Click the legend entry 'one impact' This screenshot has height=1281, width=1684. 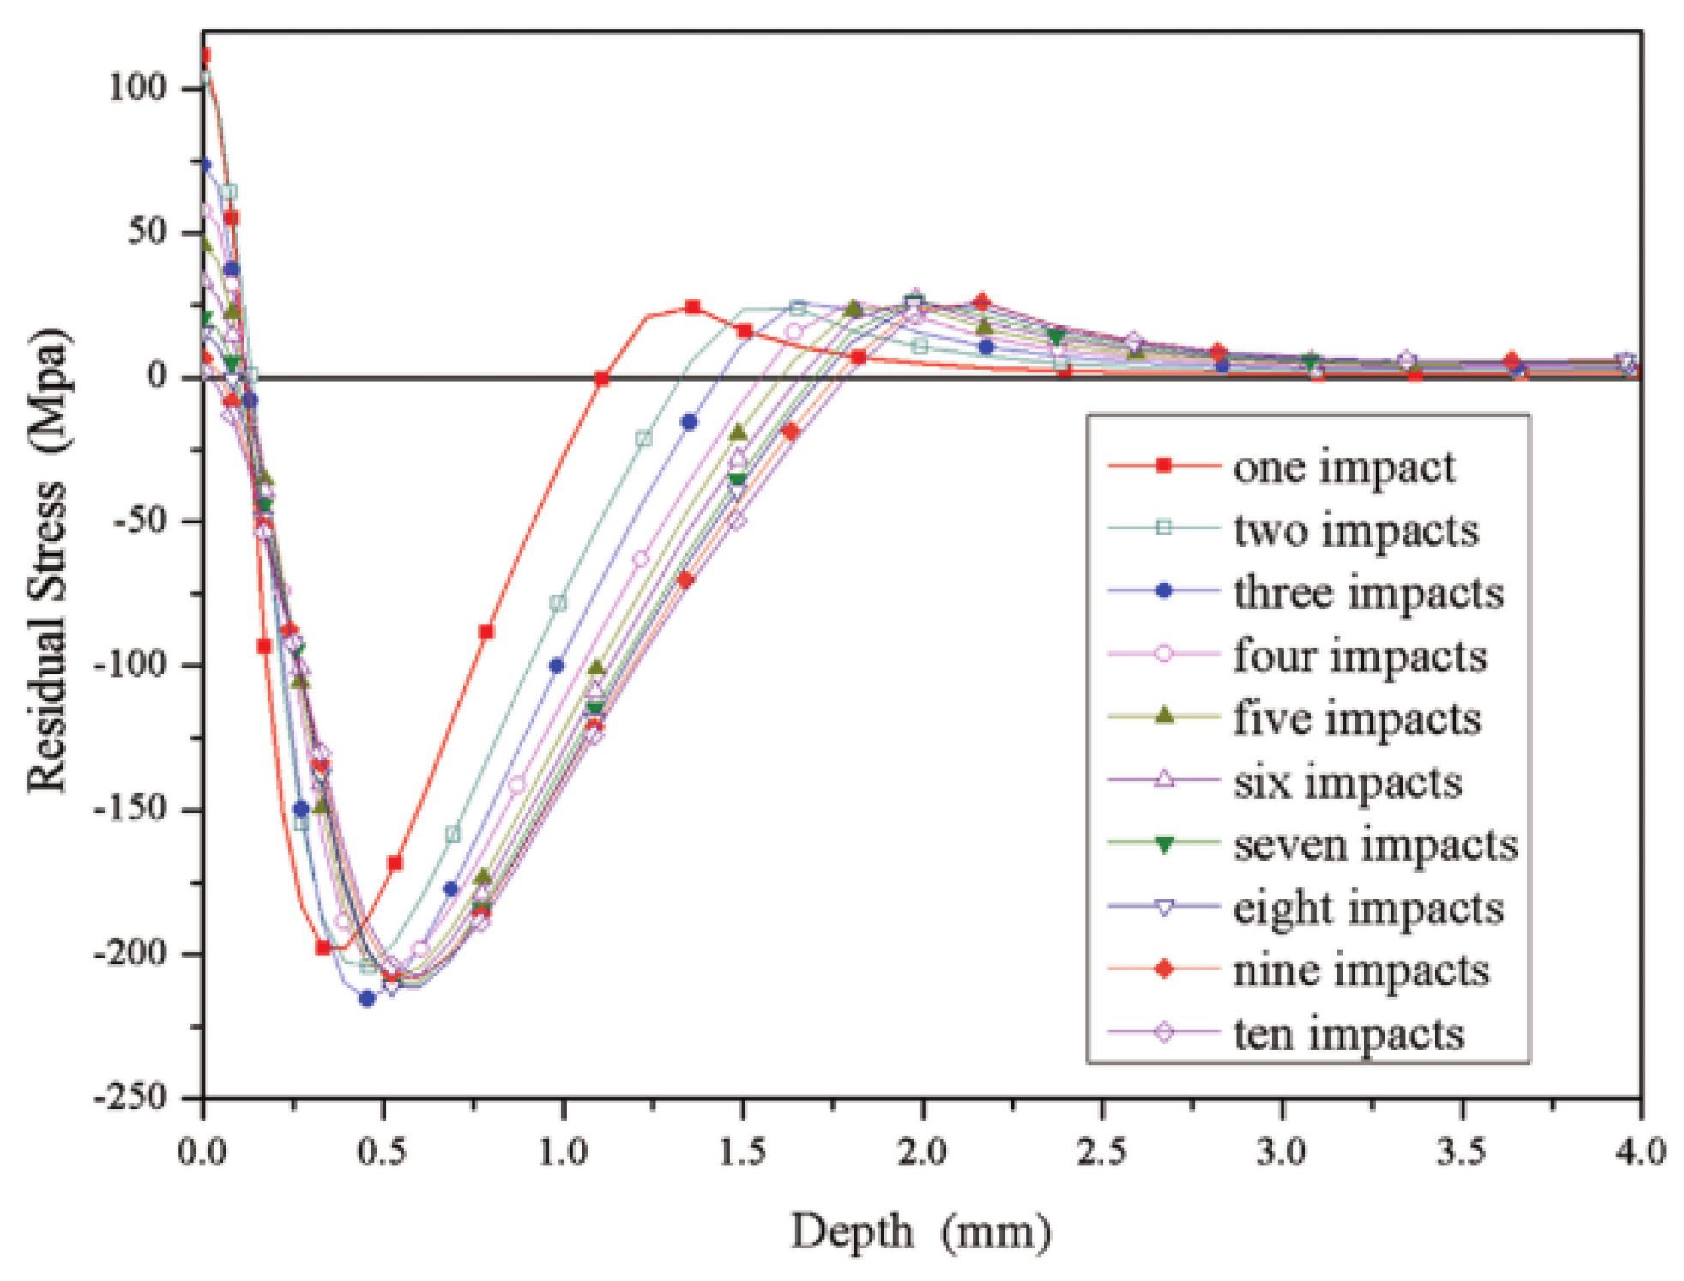coord(1343,468)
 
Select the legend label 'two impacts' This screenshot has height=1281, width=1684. coord(1355,531)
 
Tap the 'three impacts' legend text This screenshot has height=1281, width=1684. coord(1367,594)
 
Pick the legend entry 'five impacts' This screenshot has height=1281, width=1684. coord(1356,719)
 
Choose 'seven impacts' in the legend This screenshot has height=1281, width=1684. coord(1375,845)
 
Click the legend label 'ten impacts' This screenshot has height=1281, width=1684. coord(1348,1034)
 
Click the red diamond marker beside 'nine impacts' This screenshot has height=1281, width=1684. coord(1164,970)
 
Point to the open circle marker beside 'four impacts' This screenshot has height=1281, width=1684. coord(1164,655)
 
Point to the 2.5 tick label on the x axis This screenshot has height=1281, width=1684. coord(1102,1152)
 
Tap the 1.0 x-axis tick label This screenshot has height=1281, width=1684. coord(563,1152)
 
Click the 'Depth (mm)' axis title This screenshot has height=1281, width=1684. coord(920,1233)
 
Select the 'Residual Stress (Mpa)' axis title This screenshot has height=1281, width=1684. coord(48,562)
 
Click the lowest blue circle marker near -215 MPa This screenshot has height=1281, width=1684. coord(367,999)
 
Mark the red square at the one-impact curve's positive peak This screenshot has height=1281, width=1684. coord(693,307)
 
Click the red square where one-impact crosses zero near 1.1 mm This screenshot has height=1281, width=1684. coord(601,378)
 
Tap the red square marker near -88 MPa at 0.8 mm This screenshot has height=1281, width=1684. coord(486,632)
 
